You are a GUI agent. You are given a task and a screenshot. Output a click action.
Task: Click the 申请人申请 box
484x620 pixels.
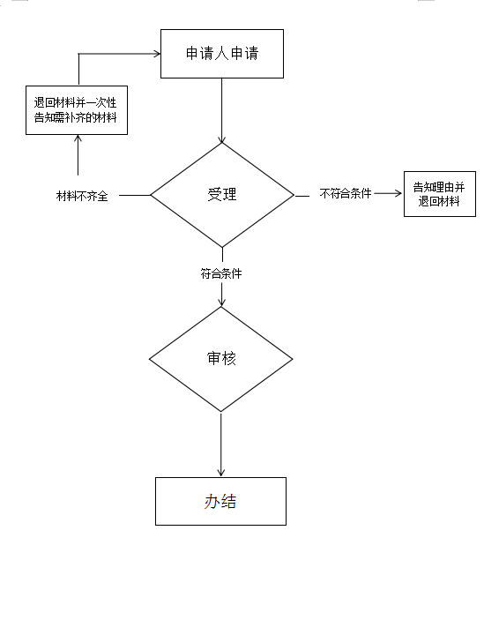pyautogui.click(x=222, y=54)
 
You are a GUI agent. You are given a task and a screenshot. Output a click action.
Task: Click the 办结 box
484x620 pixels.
pyautogui.click(x=221, y=501)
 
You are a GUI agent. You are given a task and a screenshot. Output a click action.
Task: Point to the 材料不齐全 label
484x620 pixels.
pyautogui.click(x=82, y=196)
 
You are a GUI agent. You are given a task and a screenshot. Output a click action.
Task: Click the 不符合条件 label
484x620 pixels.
pyautogui.click(x=346, y=194)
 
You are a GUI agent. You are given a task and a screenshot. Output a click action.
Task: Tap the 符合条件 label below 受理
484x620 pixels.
pyautogui.click(x=221, y=273)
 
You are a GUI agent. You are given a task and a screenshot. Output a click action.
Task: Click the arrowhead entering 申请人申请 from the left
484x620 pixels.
pyautogui.click(x=157, y=54)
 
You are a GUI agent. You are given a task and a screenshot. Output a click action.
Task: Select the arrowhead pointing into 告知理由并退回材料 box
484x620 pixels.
pyautogui.click(x=398, y=193)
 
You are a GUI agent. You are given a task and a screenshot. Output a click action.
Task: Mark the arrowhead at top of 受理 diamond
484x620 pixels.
pyautogui.click(x=221, y=139)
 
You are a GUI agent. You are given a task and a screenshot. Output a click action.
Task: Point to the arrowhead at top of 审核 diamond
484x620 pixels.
pyautogui.click(x=221, y=303)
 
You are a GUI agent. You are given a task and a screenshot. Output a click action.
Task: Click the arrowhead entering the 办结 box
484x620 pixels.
pyautogui.click(x=221, y=473)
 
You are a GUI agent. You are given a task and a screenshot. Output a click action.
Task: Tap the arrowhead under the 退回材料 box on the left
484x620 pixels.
pyautogui.click(x=78, y=138)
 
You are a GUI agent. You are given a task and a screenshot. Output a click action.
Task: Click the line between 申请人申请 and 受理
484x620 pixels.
pyautogui.click(x=221, y=111)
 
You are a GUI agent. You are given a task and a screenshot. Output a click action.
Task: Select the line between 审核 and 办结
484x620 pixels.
pyautogui.click(x=221, y=444)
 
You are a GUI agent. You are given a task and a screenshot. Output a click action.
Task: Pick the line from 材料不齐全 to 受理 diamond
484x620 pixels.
pyautogui.click(x=135, y=195)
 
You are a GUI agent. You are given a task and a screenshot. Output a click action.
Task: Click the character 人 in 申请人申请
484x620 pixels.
pyautogui.click(x=221, y=54)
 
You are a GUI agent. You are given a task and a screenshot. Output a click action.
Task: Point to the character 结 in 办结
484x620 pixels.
pyautogui.click(x=228, y=501)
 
